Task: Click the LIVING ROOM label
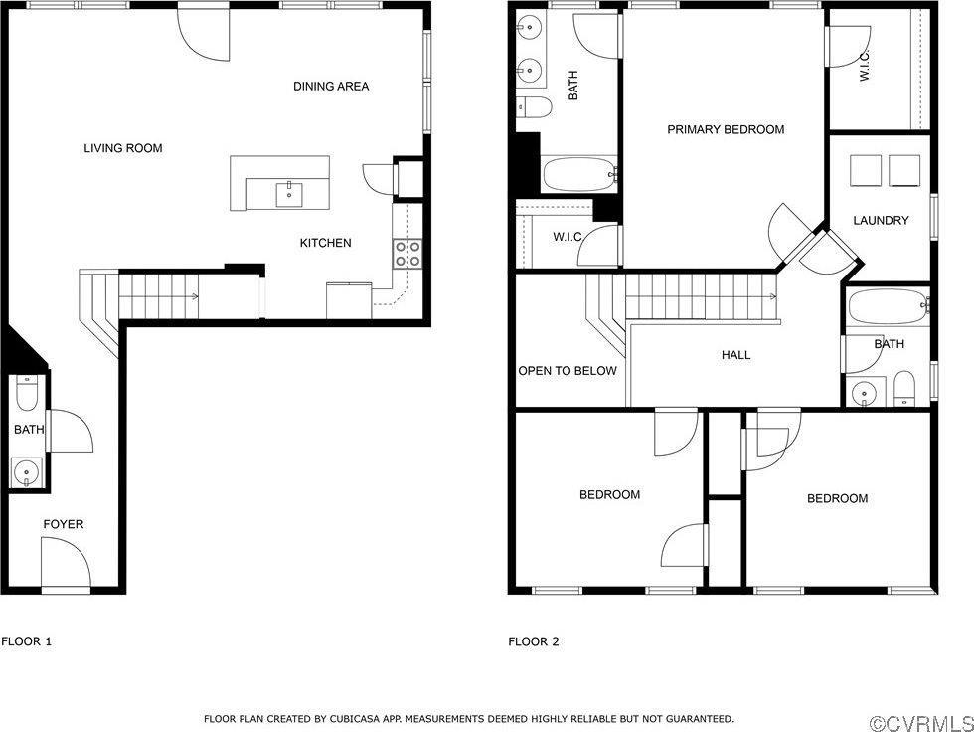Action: click(x=122, y=148)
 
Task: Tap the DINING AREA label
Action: click(x=331, y=87)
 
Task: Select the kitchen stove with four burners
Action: click(x=407, y=254)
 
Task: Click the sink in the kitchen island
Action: click(x=289, y=193)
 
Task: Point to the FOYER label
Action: click(x=63, y=524)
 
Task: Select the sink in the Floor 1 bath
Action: click(x=26, y=471)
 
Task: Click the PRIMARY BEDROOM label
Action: click(x=726, y=129)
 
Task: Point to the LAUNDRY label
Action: click(x=881, y=220)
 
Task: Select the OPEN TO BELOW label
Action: click(x=568, y=371)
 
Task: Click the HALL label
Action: click(x=735, y=355)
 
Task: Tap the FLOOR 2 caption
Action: click(x=534, y=641)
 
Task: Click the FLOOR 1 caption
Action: click(x=27, y=641)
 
